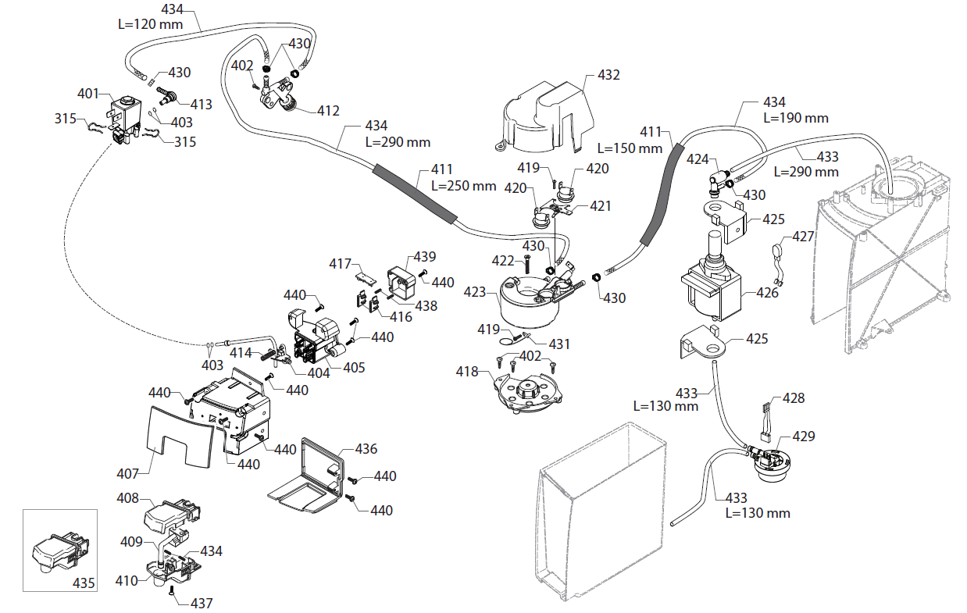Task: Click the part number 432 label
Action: click(x=608, y=75)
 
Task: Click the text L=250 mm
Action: click(x=463, y=186)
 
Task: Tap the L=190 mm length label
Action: click(x=796, y=118)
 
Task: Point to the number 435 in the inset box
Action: click(x=84, y=583)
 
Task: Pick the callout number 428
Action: click(x=793, y=398)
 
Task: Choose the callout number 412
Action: click(x=328, y=111)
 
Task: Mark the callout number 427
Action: click(x=804, y=236)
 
